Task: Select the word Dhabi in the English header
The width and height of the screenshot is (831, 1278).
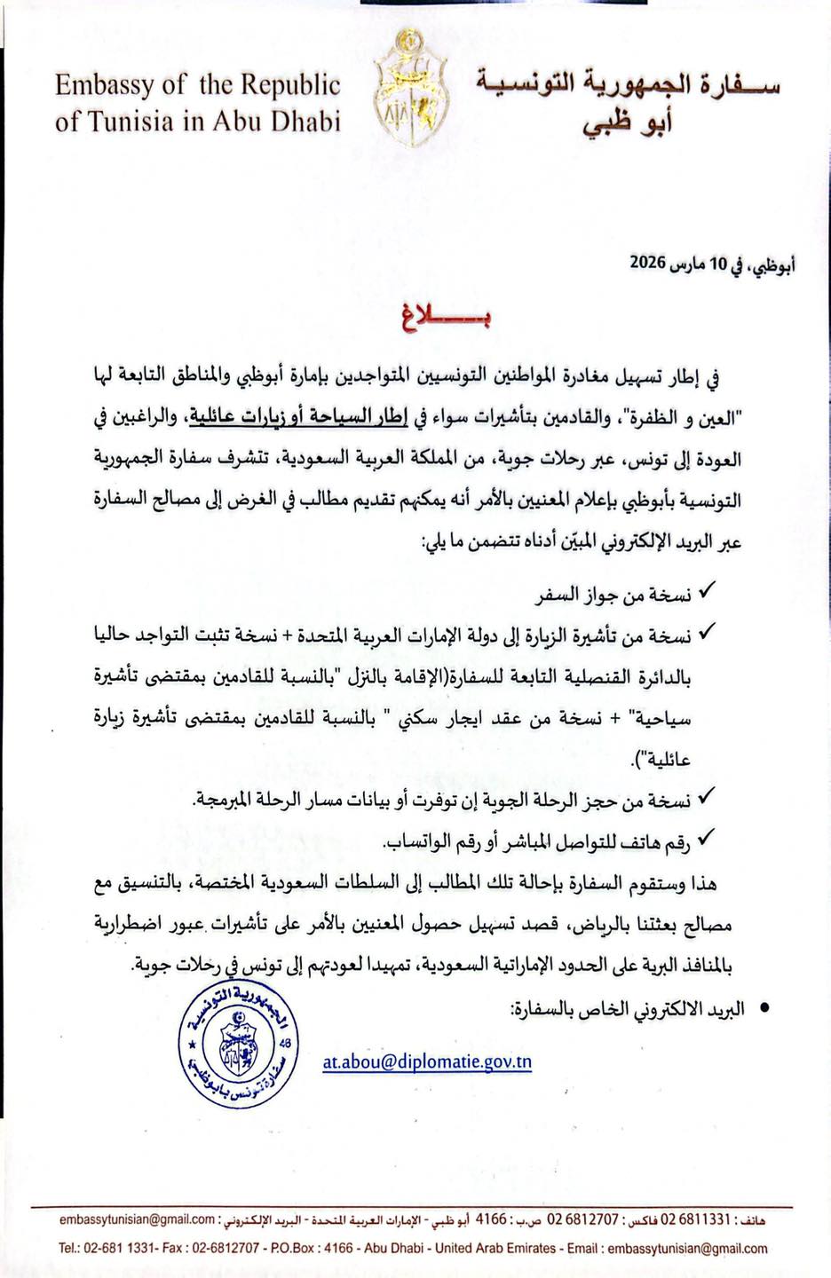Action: coord(307,121)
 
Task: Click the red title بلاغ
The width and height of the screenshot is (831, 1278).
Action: coord(439,318)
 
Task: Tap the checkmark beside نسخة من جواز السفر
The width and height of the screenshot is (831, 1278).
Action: coord(708,590)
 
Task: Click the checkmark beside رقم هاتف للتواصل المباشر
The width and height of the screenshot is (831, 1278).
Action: coord(708,836)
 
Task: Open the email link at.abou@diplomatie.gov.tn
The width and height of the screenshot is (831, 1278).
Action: coord(427,1061)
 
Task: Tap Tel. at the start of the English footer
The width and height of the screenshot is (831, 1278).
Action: coord(69,1248)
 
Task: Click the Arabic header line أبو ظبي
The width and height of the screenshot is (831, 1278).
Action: coord(627,122)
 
